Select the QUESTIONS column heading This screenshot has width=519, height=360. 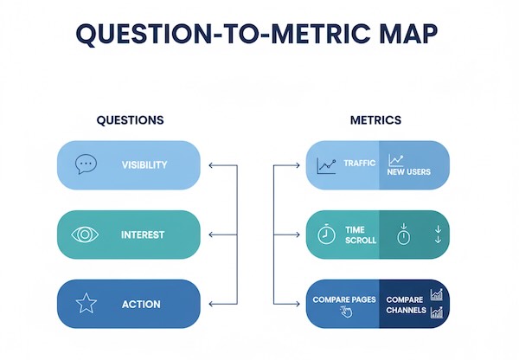coord(130,120)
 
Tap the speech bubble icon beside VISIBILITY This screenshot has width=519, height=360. coord(85,164)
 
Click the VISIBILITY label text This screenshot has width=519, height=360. coord(144,164)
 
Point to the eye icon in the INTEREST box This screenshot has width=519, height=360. coord(85,235)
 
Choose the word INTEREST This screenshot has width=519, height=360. coord(143,235)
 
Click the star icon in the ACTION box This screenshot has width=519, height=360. coord(86,304)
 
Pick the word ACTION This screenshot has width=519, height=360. coord(141,304)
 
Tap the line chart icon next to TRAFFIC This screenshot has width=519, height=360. coord(326,164)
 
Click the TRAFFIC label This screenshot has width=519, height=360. coord(359,163)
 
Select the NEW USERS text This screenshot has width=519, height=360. coord(408,171)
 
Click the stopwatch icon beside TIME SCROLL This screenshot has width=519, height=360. coord(326,235)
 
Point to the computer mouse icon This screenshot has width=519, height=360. coord(402,235)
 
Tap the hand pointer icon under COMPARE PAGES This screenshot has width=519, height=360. coord(346,312)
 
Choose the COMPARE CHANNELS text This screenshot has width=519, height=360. coord(406,304)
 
